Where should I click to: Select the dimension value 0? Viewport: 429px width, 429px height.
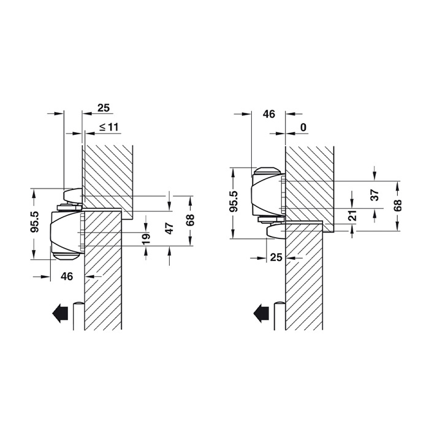(303, 127)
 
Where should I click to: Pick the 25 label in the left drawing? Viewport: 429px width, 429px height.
(104, 108)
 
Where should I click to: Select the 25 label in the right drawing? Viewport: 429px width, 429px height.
(276, 257)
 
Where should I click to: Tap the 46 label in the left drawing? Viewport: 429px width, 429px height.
(67, 276)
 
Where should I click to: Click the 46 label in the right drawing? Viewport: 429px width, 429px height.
(269, 113)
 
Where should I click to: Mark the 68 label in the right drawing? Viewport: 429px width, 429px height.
(398, 205)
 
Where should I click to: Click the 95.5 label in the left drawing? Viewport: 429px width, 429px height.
(35, 222)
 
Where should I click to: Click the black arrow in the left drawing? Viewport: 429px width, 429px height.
(59, 314)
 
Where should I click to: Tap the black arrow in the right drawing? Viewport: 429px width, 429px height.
(262, 314)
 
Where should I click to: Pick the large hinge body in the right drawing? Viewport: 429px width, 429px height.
(268, 192)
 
